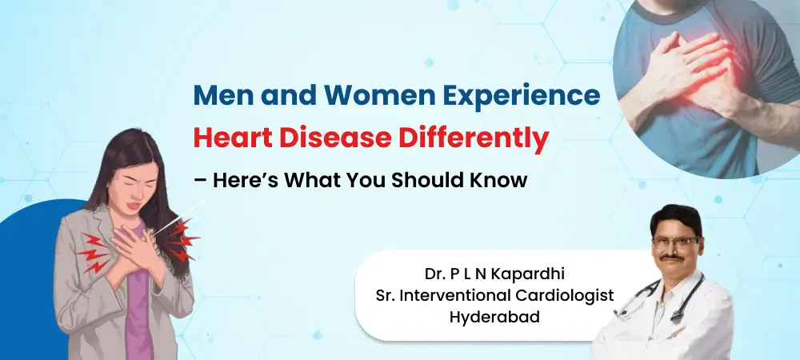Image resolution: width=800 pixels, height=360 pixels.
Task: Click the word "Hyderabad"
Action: (494, 316)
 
